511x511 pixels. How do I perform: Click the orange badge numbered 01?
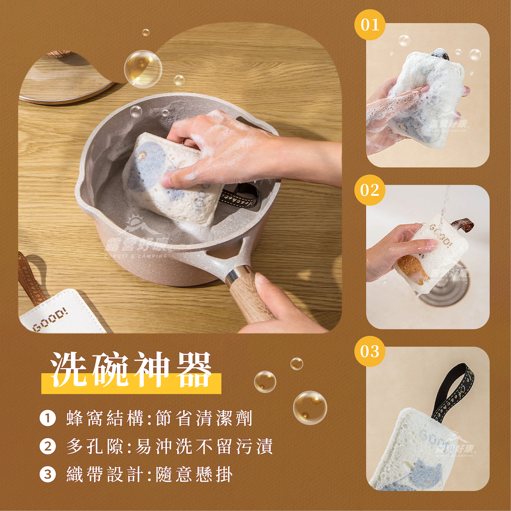[369, 24]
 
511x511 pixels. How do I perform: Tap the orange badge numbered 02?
[369, 190]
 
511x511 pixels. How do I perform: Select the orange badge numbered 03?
[369, 352]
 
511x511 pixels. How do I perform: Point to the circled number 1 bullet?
[47, 420]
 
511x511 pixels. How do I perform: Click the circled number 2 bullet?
[47, 447]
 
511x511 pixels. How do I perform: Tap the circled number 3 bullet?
[47, 475]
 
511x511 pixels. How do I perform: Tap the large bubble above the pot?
[143, 68]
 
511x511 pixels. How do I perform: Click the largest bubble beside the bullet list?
[310, 407]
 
